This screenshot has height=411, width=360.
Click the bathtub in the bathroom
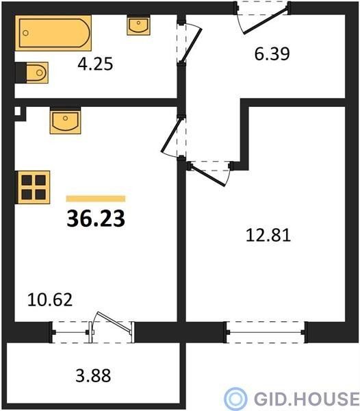[x=53, y=33]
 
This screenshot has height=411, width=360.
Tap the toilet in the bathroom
[x=32, y=73]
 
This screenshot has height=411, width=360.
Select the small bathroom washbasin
[x=138, y=25]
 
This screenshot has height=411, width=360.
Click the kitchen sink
[x=65, y=121]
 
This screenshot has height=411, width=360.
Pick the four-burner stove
[x=33, y=187]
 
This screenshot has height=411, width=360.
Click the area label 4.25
[x=95, y=64]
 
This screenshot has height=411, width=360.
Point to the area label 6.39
[x=272, y=54]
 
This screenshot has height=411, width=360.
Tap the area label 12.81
[x=268, y=235]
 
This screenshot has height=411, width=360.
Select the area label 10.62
[x=50, y=300]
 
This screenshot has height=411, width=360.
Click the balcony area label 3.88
[x=93, y=375]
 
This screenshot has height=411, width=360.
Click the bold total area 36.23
[x=96, y=219]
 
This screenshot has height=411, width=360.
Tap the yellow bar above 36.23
[x=96, y=199]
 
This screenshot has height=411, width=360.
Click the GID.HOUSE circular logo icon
[x=235, y=399]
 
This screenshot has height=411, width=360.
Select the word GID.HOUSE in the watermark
[x=307, y=399]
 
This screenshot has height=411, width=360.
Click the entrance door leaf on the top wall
[x=266, y=21]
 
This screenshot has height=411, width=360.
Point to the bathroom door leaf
[x=192, y=45]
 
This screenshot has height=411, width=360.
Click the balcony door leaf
[x=114, y=323]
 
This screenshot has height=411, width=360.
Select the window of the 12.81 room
[x=266, y=332]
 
